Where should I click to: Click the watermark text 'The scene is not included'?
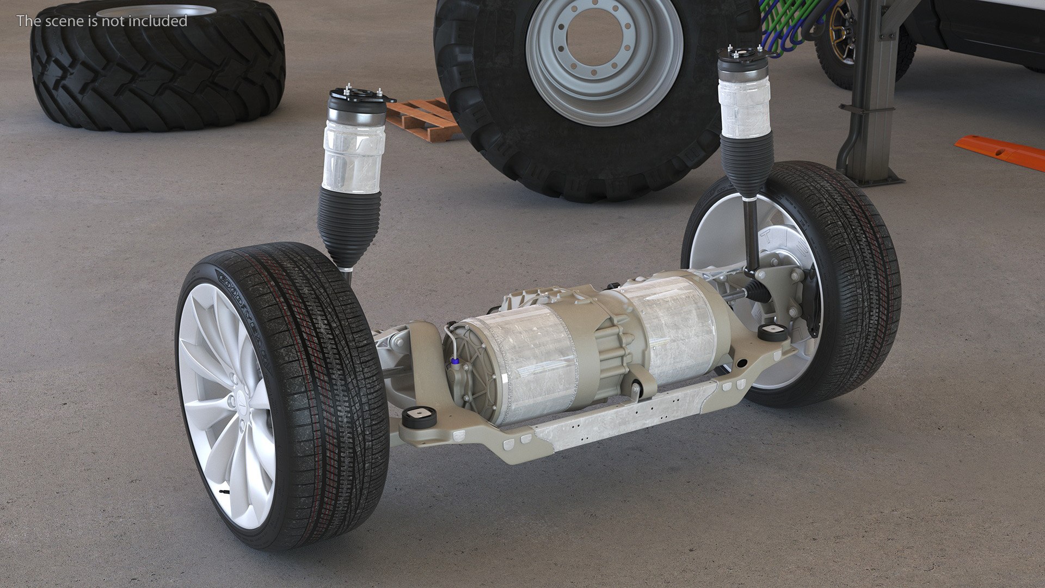(x=102, y=21)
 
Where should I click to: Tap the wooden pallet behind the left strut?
(x=422, y=120)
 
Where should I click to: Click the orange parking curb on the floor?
(x=1000, y=152)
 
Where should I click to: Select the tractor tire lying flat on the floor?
(x=158, y=71)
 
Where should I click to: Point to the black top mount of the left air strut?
(x=359, y=98)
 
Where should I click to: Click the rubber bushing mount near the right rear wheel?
(x=773, y=332)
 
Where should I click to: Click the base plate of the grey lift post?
(x=871, y=177)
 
